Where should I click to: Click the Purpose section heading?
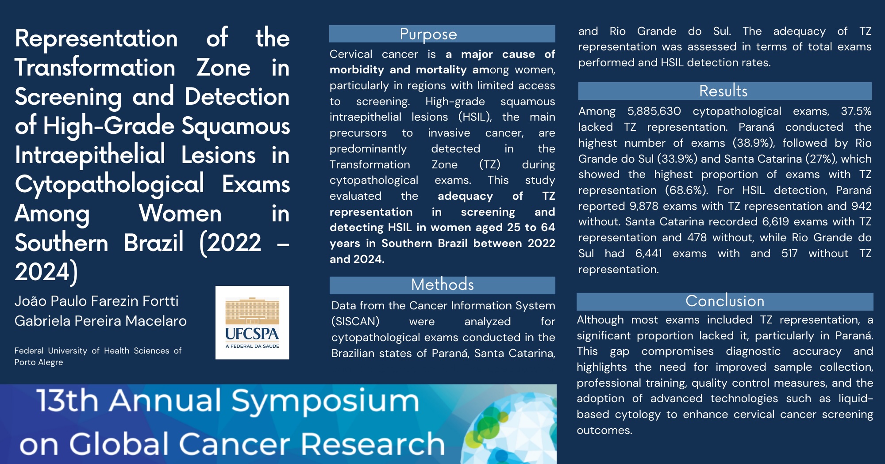pos(428,34)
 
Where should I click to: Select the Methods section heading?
pos(442,285)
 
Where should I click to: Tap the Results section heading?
pos(723,91)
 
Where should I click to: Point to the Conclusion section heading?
pos(725,301)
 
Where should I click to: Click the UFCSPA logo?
pos(252,323)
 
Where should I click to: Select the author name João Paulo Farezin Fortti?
pos(96,301)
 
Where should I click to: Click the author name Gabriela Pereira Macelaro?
pos(100,321)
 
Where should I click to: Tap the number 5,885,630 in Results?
pos(654,111)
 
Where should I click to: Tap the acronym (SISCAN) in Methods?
pos(355,322)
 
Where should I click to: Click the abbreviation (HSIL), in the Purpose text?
pos(475,117)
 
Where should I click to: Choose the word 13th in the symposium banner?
pos(67,400)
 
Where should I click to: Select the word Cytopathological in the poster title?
pos(109,184)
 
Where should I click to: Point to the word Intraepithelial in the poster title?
pos(90,155)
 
